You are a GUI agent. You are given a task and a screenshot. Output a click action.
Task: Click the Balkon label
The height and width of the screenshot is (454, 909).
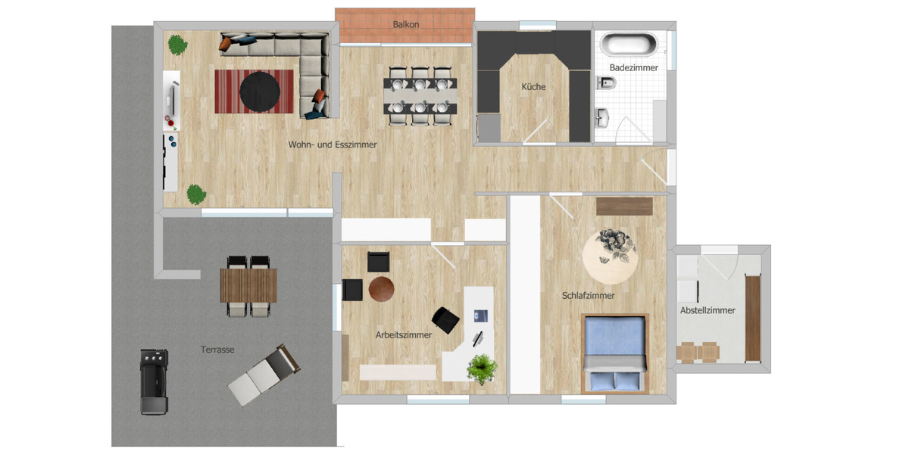coord(406,24)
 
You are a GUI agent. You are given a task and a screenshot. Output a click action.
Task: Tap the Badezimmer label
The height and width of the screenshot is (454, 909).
coord(634,67)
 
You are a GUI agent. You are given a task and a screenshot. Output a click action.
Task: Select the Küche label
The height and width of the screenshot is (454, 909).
coord(533,87)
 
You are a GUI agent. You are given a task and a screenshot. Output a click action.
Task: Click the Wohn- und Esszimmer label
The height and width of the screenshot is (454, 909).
coord(333,144)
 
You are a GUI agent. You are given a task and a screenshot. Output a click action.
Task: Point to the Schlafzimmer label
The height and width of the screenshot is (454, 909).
coord(588,296)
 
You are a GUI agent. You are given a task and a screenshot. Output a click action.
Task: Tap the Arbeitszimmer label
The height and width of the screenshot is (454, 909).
coord(404,334)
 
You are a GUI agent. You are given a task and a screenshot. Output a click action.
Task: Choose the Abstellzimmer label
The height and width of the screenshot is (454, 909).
coord(708,310)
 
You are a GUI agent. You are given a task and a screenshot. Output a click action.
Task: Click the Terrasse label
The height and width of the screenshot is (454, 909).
coord(217,350)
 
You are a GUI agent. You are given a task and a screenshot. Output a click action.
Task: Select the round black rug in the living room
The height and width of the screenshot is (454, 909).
coord(260,92)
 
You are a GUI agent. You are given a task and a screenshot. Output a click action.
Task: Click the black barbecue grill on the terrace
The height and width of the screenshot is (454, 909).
coord(154,381)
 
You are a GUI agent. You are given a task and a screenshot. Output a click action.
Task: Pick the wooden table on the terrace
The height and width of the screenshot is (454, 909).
coord(248,285)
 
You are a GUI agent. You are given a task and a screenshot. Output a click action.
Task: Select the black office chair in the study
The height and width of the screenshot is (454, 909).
coord(446,319)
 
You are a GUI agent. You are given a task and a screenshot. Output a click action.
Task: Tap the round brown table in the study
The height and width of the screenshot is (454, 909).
coord(382,288)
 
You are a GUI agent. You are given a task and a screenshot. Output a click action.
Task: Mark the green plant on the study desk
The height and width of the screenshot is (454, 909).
coord(482,369)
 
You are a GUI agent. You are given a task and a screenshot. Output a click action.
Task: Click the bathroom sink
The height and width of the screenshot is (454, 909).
coord(603,117)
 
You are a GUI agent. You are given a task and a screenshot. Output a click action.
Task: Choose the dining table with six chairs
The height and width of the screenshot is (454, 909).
coord(420,97)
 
